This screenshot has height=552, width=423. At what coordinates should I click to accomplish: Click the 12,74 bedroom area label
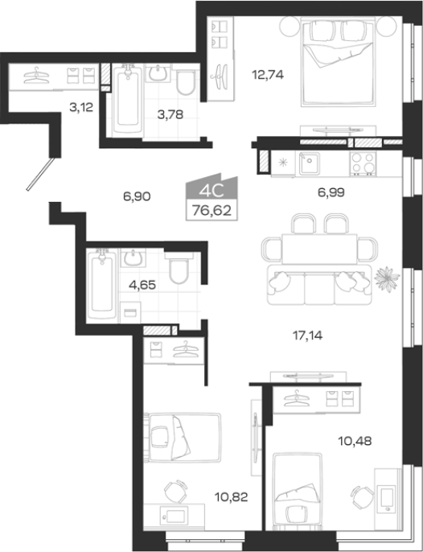click(268, 75)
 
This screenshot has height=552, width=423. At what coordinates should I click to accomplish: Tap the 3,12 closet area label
click(81, 107)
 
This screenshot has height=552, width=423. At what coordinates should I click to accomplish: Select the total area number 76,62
click(211, 211)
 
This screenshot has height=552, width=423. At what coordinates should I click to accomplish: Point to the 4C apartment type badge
click(211, 192)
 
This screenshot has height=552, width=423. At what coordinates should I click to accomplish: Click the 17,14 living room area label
click(307, 336)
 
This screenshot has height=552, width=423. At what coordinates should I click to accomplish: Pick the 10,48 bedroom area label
click(355, 441)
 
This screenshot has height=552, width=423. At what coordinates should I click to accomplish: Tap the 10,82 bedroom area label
click(232, 496)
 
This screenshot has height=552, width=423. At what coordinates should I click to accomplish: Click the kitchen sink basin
click(310, 163)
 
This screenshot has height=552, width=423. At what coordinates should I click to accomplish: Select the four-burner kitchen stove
click(363, 163)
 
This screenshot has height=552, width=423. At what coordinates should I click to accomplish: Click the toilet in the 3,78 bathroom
click(186, 82)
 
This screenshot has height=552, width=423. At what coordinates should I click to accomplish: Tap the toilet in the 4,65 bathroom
click(179, 269)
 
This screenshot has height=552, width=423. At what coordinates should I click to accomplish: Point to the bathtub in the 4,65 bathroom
click(102, 285)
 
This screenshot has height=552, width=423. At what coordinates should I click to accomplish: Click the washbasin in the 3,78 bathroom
click(158, 73)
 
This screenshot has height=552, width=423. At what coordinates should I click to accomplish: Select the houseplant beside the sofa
click(387, 278)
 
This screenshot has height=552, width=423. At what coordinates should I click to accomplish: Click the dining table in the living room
click(319, 249)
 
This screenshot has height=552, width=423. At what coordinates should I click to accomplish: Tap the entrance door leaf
click(41, 175)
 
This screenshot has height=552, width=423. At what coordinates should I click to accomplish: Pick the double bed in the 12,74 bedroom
click(337, 63)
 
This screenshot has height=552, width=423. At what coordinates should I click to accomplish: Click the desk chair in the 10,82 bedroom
click(176, 491)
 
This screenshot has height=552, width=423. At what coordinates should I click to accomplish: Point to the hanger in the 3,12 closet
click(36, 76)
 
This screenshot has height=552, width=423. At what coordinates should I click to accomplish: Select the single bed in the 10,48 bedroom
click(298, 492)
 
